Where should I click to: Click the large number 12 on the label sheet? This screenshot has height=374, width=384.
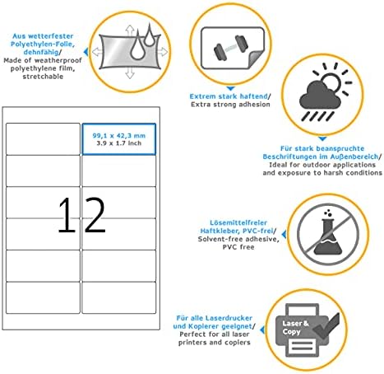[81, 215]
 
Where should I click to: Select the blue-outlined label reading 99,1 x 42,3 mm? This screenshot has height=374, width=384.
[119, 139]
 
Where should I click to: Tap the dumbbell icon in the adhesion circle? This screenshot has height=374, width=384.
[231, 47]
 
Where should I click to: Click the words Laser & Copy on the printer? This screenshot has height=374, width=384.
[295, 327]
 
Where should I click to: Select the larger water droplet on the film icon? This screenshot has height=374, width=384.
[137, 46]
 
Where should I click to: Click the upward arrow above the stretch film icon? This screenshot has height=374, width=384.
[130, 30]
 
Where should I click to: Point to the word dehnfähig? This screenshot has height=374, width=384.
[41, 52]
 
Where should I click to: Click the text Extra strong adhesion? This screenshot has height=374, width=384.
[230, 105]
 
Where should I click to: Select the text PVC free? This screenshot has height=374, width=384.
[238, 247]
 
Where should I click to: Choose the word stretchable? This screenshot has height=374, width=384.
[43, 77]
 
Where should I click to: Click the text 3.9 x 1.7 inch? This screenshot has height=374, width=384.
[119, 143]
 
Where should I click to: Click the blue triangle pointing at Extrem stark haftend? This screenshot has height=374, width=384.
[230, 89]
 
